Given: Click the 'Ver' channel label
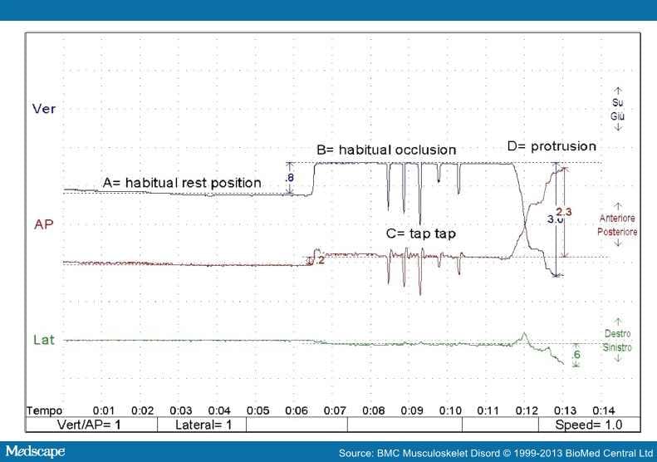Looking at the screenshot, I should (x=43, y=108).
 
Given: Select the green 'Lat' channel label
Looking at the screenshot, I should (x=43, y=340).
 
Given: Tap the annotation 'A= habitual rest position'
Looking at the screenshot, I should (x=181, y=183).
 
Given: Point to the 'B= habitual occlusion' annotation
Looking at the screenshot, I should (x=386, y=150).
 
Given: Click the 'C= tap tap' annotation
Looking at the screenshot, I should (x=421, y=234).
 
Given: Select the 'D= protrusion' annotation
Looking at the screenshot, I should (x=551, y=146).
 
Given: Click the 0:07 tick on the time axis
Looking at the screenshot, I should (x=336, y=410).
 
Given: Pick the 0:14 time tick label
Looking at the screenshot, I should (x=603, y=410).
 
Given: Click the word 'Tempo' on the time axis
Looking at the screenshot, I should (x=44, y=410).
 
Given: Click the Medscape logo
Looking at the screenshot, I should (x=37, y=451).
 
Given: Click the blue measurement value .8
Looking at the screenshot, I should (x=288, y=178).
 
